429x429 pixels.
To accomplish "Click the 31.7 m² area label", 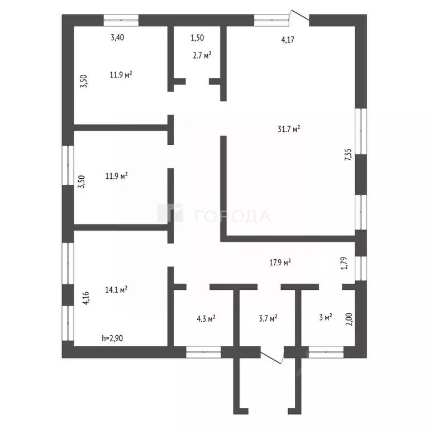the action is (289, 128).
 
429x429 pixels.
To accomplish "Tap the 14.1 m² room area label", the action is (116, 289).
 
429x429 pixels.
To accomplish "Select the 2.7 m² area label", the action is (202, 55).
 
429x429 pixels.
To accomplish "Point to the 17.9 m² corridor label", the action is (280, 263).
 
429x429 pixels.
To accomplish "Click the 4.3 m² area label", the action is (206, 318).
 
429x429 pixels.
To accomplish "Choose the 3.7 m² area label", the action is (268, 318).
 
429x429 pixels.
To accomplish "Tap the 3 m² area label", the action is (326, 317).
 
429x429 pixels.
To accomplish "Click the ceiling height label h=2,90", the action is (112, 338).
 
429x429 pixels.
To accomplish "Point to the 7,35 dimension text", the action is (348, 155).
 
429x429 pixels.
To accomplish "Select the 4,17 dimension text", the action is (288, 40).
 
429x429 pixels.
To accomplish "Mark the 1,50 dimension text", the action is (197, 37).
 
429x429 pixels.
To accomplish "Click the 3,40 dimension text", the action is (117, 37).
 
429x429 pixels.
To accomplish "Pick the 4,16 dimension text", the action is (86, 298).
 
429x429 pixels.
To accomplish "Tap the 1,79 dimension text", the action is (345, 263).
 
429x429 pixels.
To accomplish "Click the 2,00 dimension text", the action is (349, 320).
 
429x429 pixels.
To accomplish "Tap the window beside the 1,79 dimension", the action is (361, 268).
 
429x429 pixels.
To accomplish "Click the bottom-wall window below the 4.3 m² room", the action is (203, 352).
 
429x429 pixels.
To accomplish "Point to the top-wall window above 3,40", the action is (121, 20).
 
